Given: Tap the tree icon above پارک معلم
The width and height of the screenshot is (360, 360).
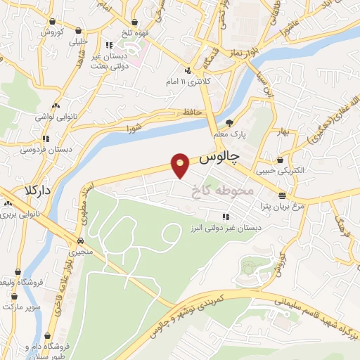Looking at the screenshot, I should coord(229,122).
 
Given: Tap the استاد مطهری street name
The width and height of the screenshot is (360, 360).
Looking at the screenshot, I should coord(83,205).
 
